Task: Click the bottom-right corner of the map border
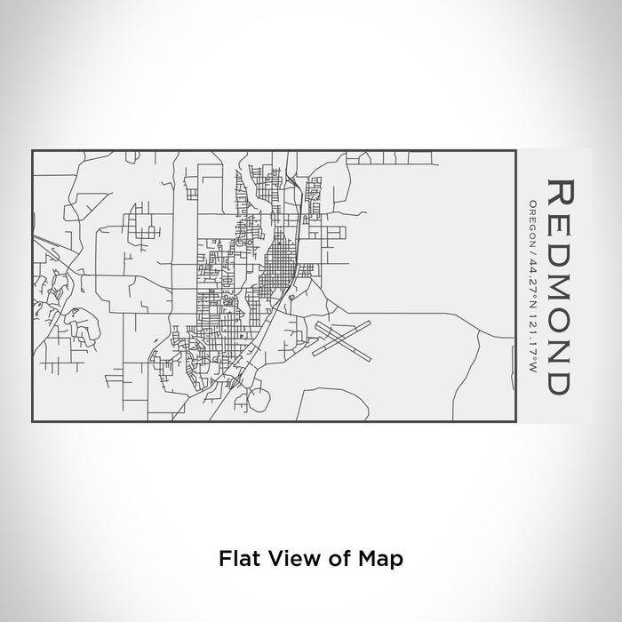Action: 517,423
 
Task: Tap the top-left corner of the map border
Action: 32,150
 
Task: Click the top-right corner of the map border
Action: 517,150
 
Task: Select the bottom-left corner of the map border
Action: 32,423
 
